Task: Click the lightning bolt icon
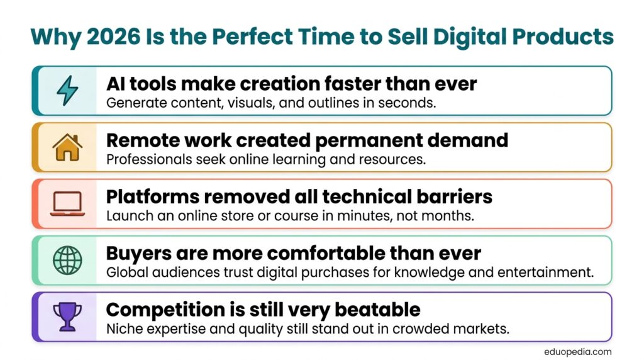67,91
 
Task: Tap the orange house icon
67,147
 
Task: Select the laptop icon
67,204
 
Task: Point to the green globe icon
67,260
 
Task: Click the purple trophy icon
67,317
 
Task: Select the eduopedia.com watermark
577,352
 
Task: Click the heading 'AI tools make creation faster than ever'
292,84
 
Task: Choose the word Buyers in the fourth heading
139,254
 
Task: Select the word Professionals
149,159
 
